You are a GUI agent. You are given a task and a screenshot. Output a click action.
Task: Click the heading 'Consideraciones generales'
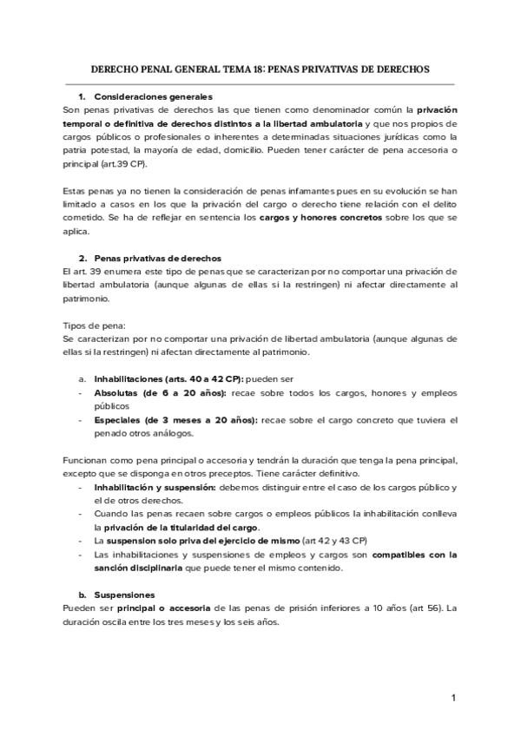pos(153,96)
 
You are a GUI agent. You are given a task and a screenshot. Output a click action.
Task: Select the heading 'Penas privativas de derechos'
pos(158,258)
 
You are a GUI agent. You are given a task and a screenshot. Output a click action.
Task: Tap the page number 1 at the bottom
pos(452,698)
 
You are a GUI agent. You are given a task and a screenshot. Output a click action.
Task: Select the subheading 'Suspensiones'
pos(124,595)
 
